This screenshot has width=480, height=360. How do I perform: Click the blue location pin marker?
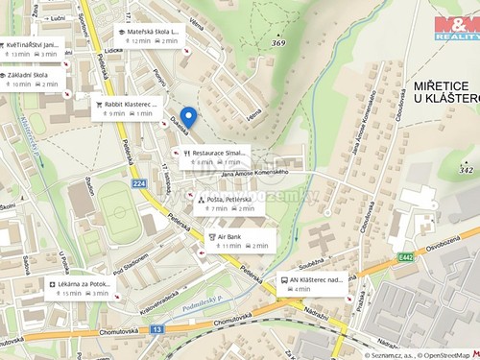(188, 117)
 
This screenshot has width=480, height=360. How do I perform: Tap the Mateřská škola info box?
(149, 36)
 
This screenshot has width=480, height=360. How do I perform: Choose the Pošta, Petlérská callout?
(226, 204)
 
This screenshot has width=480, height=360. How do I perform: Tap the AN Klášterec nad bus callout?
(311, 284)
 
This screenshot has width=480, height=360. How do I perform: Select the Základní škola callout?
(33, 79)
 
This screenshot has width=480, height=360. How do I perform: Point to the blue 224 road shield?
(138, 183)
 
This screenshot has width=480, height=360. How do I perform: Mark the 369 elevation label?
(278, 42)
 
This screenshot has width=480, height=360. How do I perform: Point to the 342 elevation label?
(467, 170)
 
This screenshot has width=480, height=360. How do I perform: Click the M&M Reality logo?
(456, 28)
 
